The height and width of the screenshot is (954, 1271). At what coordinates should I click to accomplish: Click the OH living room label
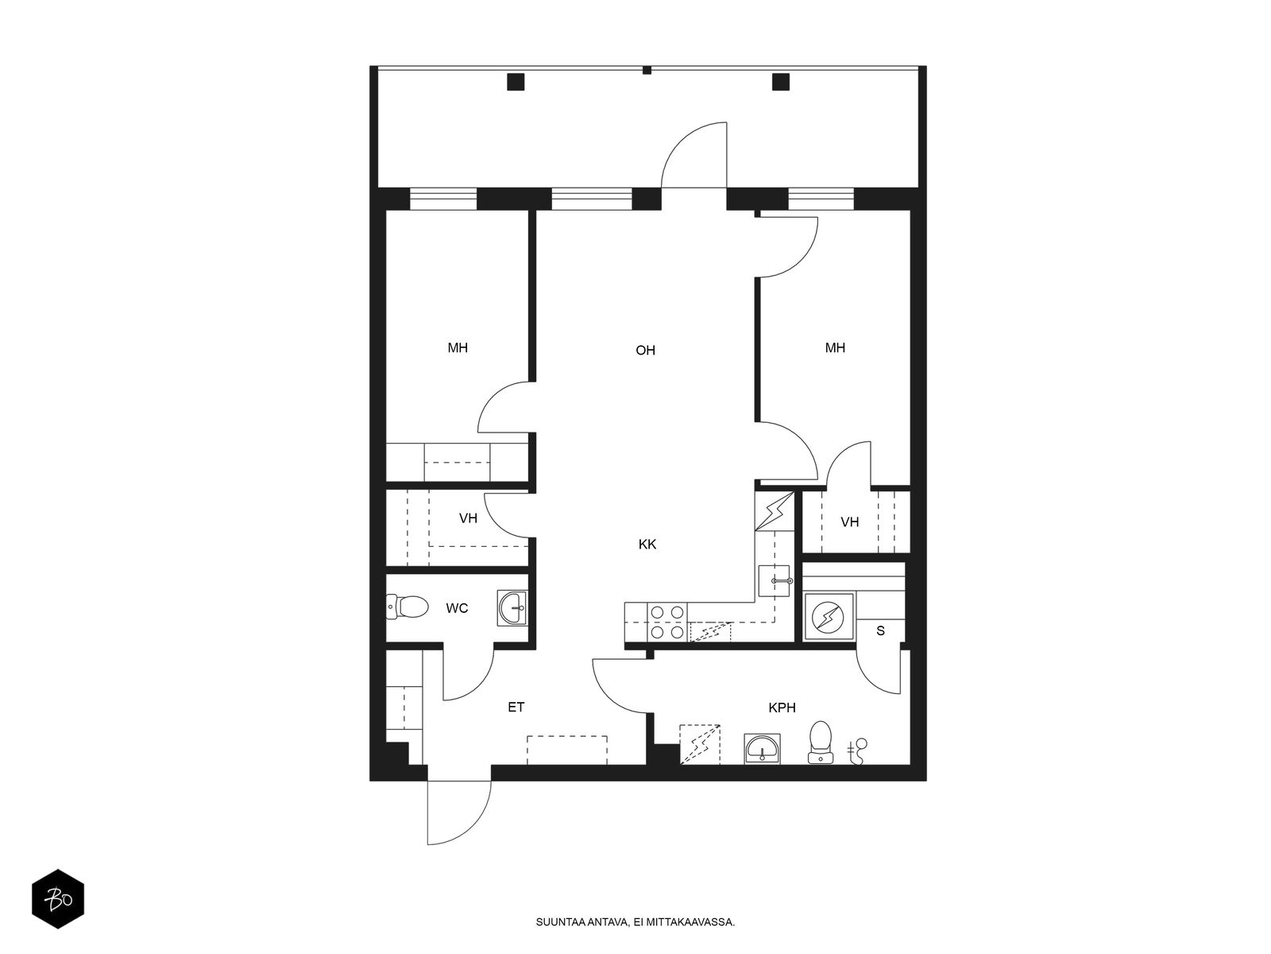click(x=645, y=350)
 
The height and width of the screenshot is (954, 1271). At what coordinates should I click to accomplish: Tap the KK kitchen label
click(x=647, y=544)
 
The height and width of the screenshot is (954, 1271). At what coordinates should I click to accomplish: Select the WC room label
click(x=457, y=608)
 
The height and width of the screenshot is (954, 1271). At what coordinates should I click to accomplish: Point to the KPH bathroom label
click(x=782, y=708)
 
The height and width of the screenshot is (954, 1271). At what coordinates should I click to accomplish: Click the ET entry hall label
click(x=516, y=707)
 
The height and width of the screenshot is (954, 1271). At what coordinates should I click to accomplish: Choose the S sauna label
click(x=880, y=630)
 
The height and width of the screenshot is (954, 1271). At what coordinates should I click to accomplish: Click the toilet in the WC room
click(x=407, y=607)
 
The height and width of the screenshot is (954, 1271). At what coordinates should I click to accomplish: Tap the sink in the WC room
click(x=512, y=607)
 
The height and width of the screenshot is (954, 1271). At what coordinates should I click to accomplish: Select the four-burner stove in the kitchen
click(x=666, y=622)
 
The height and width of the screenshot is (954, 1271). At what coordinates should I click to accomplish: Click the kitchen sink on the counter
click(x=774, y=581)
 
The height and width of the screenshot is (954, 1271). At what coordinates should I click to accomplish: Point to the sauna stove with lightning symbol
click(x=828, y=617)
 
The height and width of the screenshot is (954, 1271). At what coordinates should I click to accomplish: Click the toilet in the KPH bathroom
click(x=820, y=742)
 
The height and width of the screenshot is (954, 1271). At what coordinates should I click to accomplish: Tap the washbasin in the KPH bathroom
click(x=762, y=749)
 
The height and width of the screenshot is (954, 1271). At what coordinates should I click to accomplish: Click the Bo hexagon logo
click(x=58, y=899)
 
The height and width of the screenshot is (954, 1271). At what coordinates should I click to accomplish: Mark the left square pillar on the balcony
click(x=516, y=82)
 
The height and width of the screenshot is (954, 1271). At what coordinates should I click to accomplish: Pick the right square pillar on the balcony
click(x=781, y=82)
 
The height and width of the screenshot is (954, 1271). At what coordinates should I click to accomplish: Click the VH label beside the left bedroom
click(x=468, y=518)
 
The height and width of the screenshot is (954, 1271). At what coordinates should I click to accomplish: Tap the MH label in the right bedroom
click(x=835, y=347)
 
